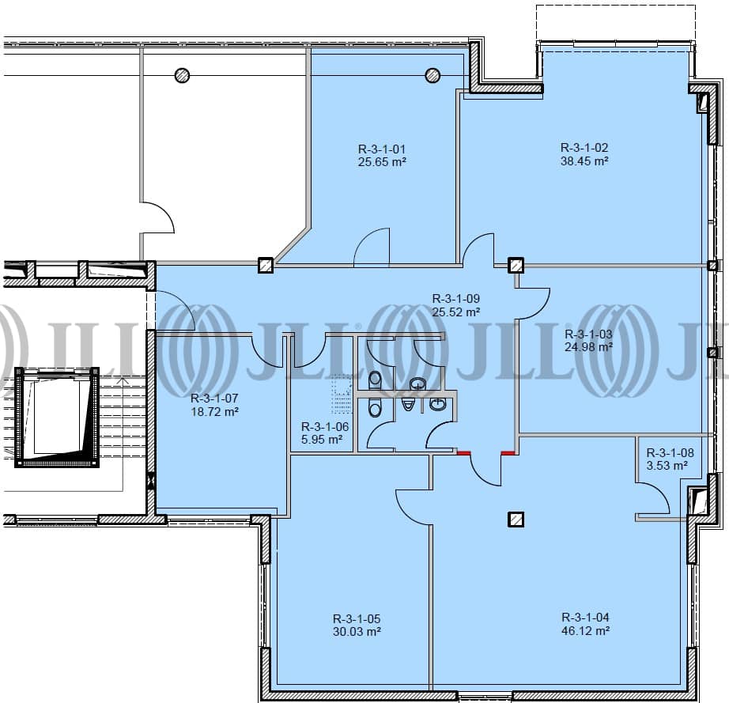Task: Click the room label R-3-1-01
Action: pos(382,149)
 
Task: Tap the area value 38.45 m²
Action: pos(584,161)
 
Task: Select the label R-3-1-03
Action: pos(588,334)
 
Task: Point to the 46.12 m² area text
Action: pos(585,630)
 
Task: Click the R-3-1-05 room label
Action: pos(357,618)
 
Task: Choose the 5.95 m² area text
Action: pos(322,440)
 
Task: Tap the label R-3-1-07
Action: pos(214,398)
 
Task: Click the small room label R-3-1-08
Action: pos(670,452)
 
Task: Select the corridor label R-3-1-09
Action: pos(456,298)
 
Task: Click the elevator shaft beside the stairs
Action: pos(57,417)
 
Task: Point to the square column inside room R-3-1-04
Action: pos(516,520)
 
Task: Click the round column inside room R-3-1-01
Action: pos(432,75)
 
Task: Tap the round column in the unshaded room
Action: pos(182,75)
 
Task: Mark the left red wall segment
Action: pos(463,452)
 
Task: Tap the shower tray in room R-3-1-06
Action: pos(342,394)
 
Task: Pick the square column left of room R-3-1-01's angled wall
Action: pos(266,266)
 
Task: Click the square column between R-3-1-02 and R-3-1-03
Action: pos(516,266)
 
